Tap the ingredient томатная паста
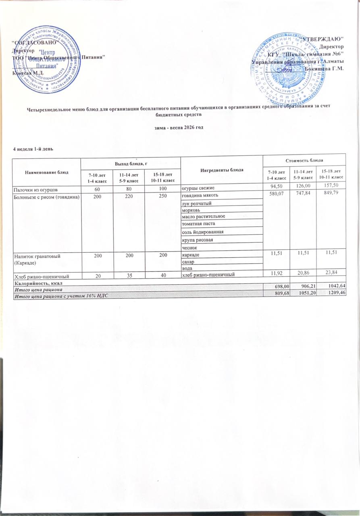point(198,223)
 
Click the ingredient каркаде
point(191,255)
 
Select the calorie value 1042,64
point(334,285)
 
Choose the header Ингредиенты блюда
point(221,169)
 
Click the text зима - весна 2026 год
point(180,128)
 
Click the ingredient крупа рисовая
point(196,240)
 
